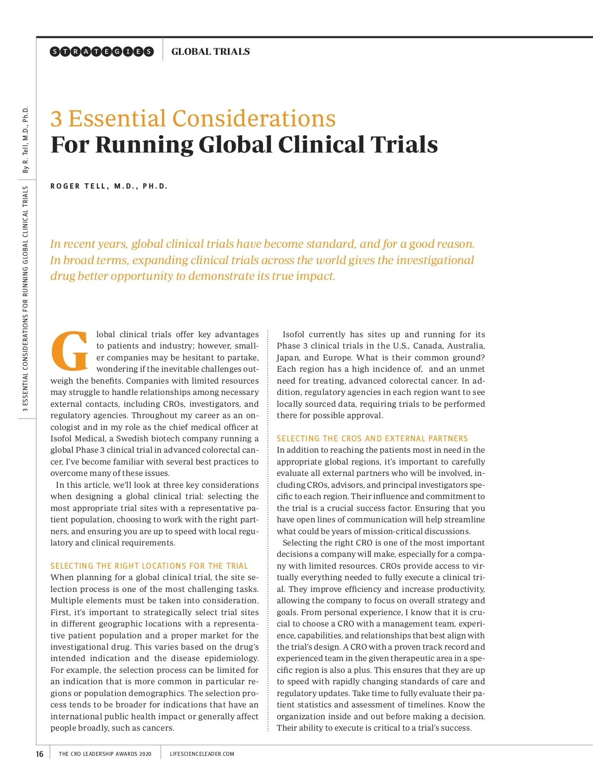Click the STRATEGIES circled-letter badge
click(x=102, y=51)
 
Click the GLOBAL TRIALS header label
click(x=211, y=51)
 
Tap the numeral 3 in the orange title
click(x=56, y=119)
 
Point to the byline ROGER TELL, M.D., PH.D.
click(x=109, y=186)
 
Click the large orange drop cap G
click(x=70, y=351)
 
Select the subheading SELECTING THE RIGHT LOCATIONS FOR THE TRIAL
click(x=149, y=566)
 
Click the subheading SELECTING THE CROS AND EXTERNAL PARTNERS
click(x=372, y=438)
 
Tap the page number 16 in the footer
click(x=40, y=754)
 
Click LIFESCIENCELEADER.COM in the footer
click(x=202, y=754)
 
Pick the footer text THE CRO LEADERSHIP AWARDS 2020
click(x=105, y=754)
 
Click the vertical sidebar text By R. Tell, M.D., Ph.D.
click(x=26, y=140)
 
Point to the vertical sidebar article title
click(x=26, y=299)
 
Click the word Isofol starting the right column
click(x=294, y=334)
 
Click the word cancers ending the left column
click(x=158, y=728)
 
